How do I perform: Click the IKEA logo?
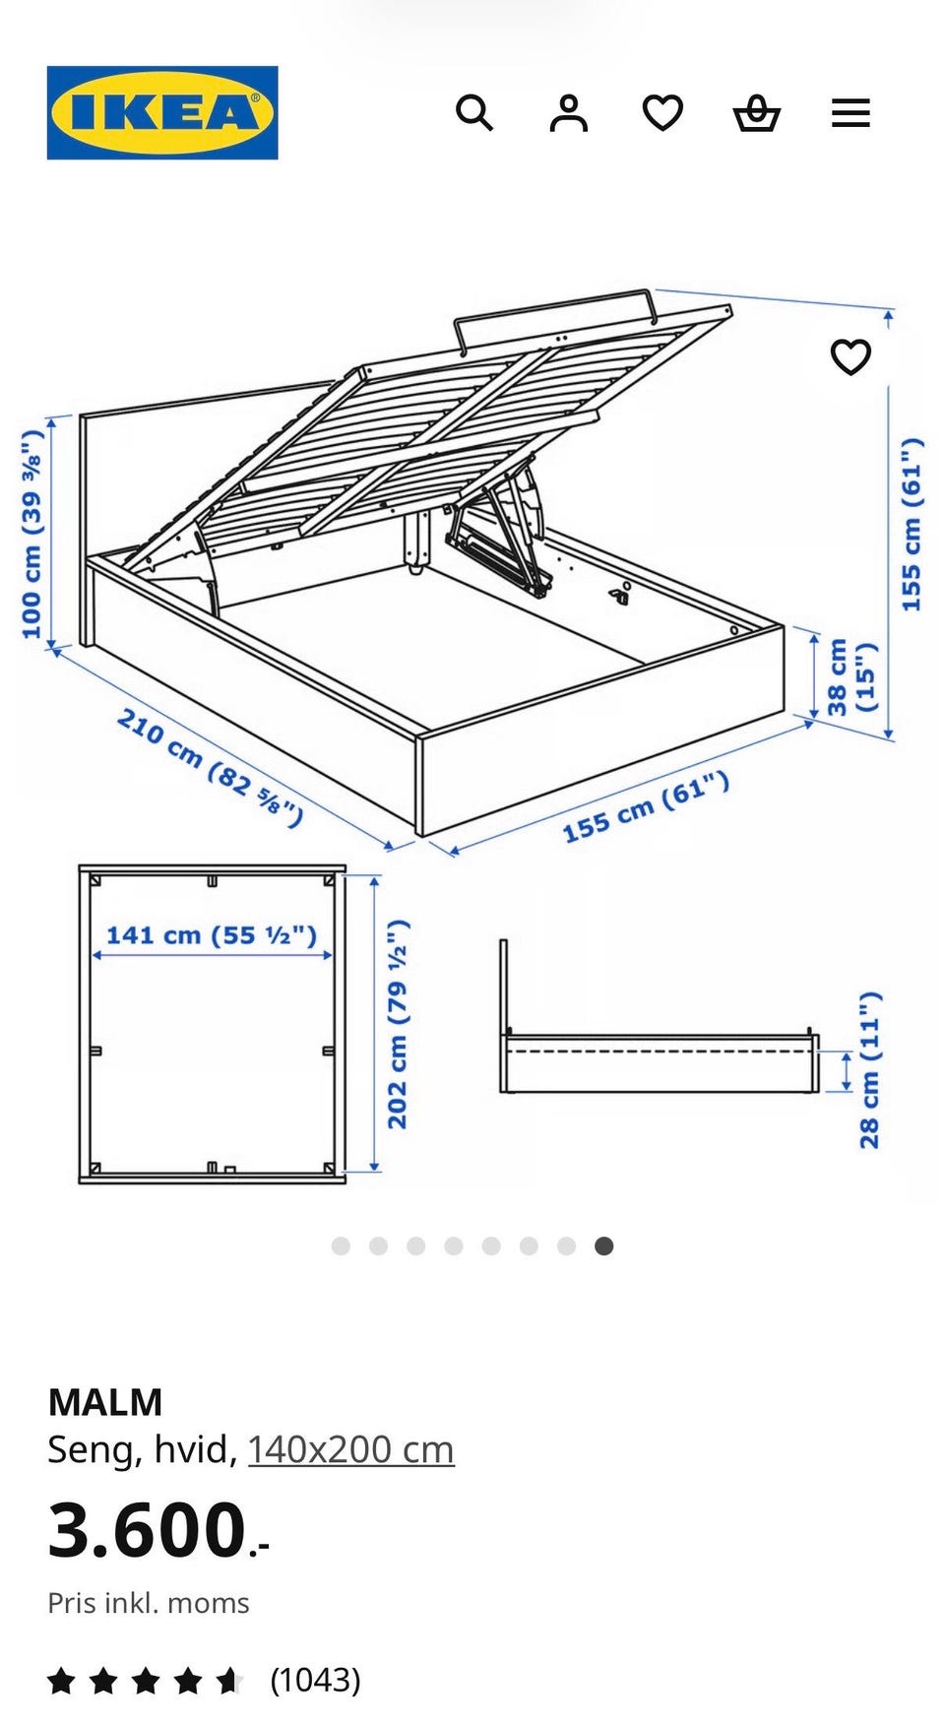tap(162, 112)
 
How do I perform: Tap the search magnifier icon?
tap(473, 113)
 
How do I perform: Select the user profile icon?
tap(568, 113)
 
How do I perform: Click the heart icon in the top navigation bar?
tap(662, 113)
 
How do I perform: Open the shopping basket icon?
tap(757, 113)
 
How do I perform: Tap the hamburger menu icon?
tap(850, 113)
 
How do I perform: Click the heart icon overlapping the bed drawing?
tap(850, 356)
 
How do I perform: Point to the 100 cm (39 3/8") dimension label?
tap(32, 534)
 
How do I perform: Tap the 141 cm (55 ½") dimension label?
tap(212, 934)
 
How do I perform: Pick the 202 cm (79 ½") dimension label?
tap(398, 1024)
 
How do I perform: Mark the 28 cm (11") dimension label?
tap(869, 1070)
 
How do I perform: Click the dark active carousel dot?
tap(604, 1246)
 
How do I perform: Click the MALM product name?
tap(105, 1402)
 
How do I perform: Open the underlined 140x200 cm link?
tap(350, 1449)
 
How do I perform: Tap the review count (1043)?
tap(315, 1680)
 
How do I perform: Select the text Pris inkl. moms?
tap(149, 1603)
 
